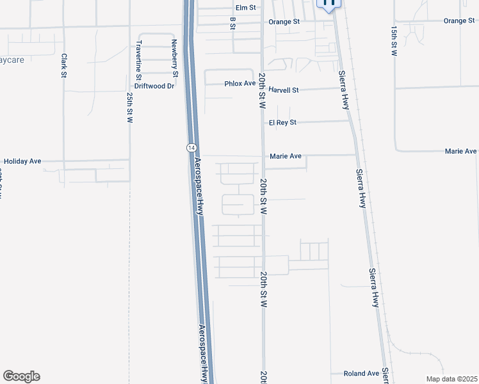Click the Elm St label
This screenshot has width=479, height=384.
(x=245, y=8)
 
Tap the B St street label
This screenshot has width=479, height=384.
(x=232, y=23)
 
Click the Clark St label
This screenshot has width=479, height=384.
(x=64, y=65)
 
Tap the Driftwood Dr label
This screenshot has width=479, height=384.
(x=154, y=86)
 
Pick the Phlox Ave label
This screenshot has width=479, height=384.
(x=239, y=84)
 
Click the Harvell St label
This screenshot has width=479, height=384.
(x=284, y=90)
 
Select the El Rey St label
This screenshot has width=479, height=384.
(x=282, y=122)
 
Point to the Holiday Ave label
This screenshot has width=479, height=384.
(x=22, y=161)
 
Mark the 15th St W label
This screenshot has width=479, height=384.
(x=393, y=42)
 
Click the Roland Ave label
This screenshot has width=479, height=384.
(x=361, y=374)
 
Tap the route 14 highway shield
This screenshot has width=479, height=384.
(x=191, y=147)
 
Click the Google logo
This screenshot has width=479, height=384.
(x=21, y=376)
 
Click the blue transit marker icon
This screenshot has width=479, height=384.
(x=329, y=4)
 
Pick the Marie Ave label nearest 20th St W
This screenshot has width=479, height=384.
(x=286, y=156)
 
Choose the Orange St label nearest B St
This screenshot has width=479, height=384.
(x=284, y=22)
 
